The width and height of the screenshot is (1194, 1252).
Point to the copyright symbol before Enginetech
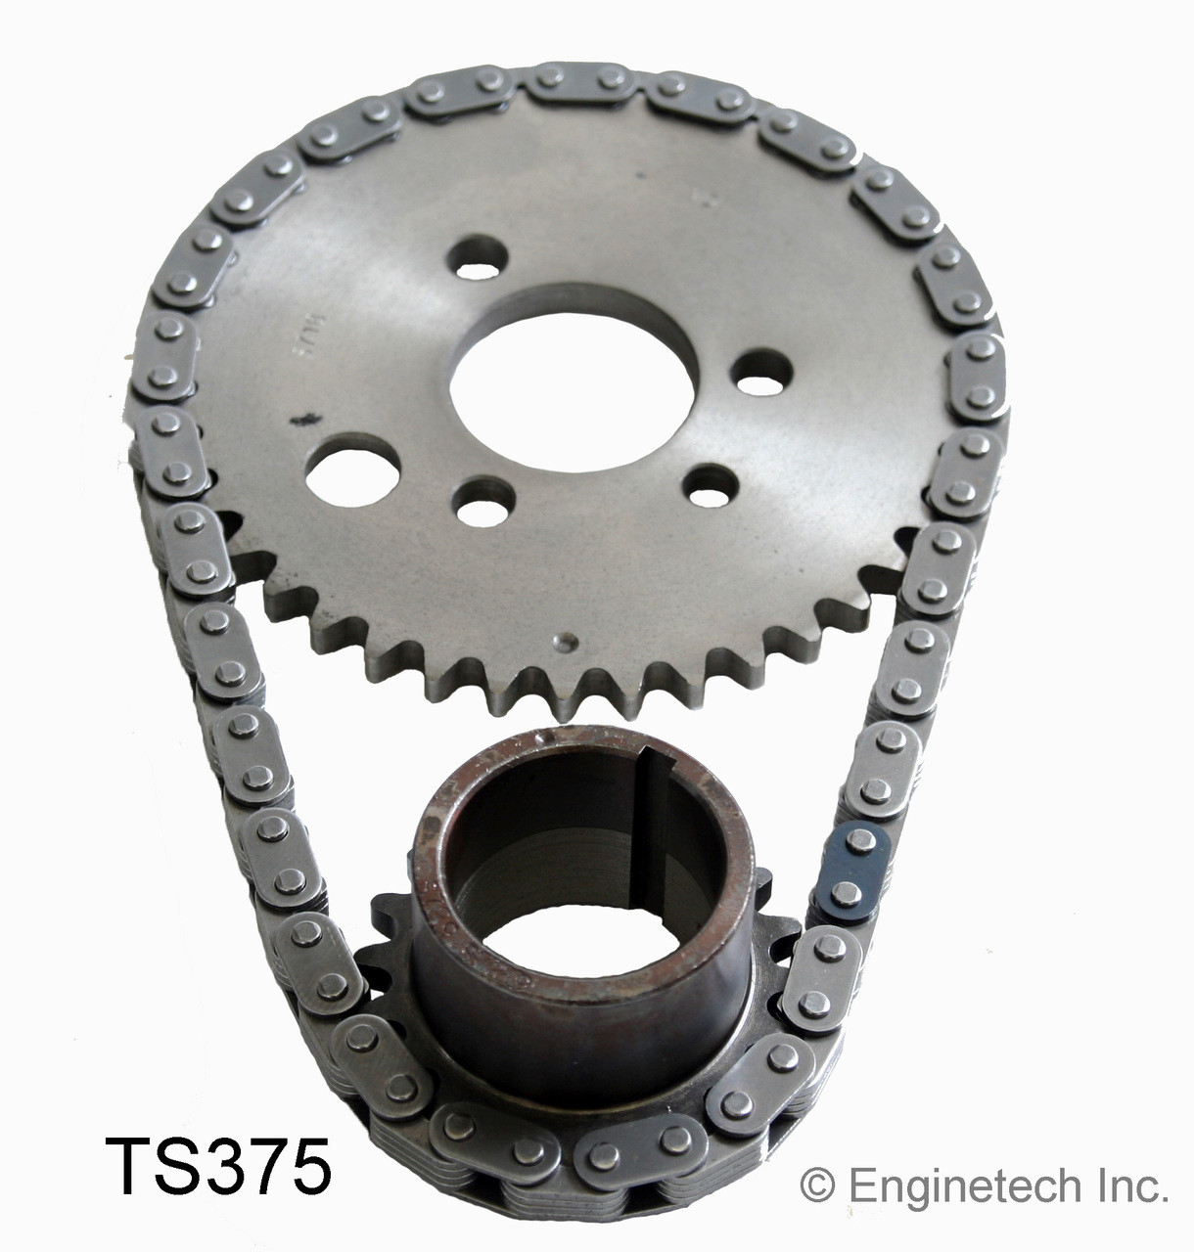812,1186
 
